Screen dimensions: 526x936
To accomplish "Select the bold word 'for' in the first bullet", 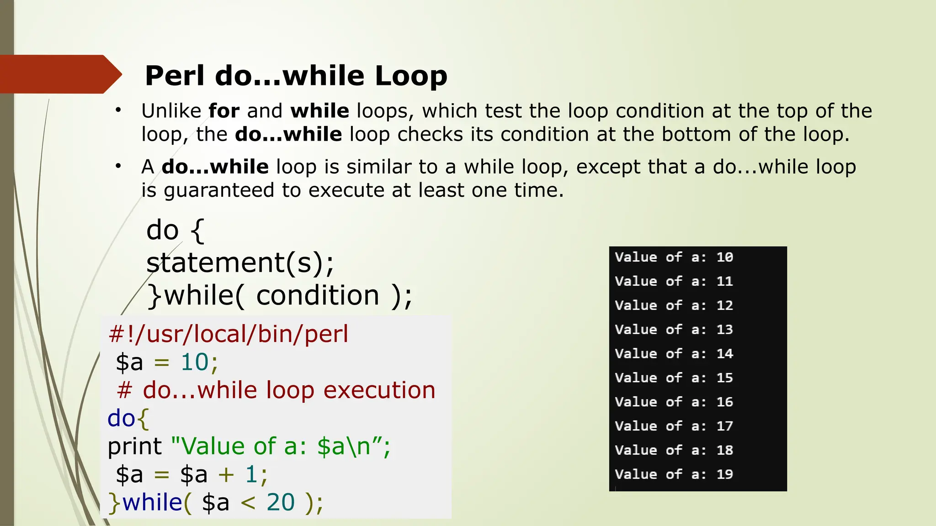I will [x=224, y=111].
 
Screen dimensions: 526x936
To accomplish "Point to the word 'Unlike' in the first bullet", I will [x=171, y=111].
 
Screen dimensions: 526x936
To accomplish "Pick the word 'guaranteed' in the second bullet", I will [x=219, y=190].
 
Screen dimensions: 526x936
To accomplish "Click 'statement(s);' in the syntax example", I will [x=240, y=263].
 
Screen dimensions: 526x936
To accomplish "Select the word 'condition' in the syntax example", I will [x=318, y=295].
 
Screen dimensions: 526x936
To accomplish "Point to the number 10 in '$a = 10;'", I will [x=195, y=362].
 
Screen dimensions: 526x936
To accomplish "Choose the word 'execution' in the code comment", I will [x=379, y=390].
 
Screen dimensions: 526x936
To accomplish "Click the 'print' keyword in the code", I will [x=135, y=446].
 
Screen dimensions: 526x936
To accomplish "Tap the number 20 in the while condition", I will [x=281, y=502].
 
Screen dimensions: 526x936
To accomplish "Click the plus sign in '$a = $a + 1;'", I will [x=226, y=474].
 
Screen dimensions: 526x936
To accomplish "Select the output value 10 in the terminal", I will [x=724, y=257].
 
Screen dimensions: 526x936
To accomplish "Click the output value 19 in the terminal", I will [x=724, y=474].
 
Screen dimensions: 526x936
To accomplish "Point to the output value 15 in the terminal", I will [x=724, y=378].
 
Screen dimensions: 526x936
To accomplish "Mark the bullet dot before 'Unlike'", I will [x=118, y=110].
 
